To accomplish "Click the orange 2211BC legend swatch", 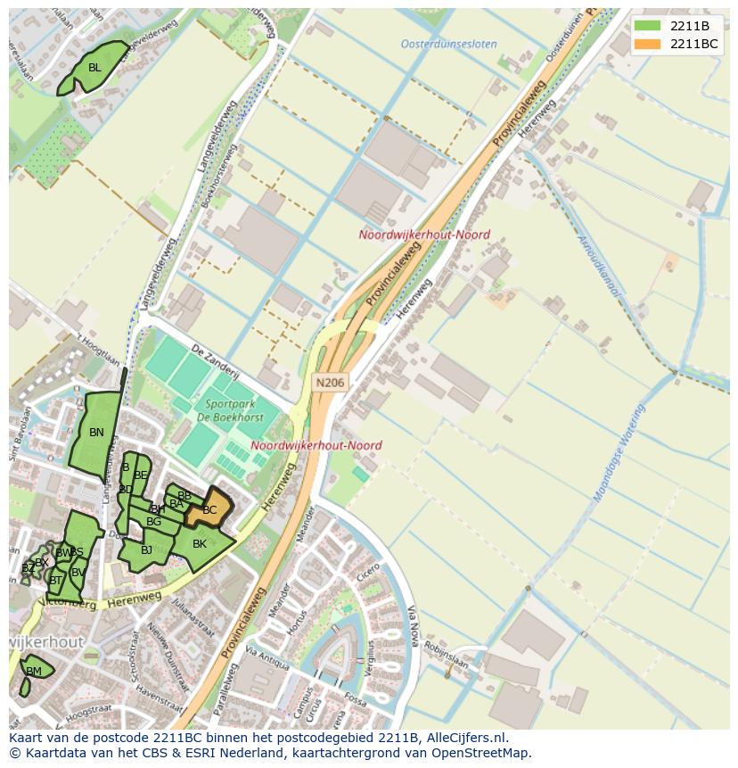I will tap(648, 44).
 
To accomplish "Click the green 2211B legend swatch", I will tap(648, 25).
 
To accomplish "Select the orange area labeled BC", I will tap(210, 509).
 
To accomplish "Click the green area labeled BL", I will tap(94, 68).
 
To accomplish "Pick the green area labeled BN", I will tap(96, 433).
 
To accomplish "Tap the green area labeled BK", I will tap(200, 544).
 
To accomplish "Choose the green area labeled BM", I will tap(34, 671).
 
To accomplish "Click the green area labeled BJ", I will tap(146, 549).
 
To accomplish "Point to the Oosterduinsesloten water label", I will tap(448, 44).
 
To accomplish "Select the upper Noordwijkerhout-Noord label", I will tap(424, 235).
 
